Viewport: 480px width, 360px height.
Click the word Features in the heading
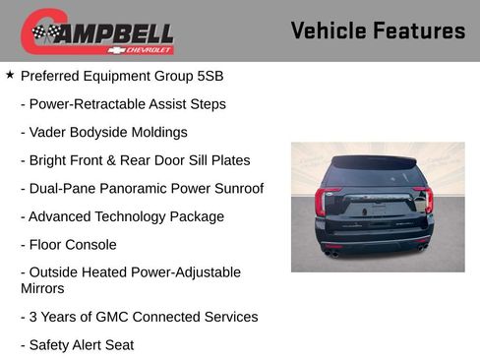[x=420, y=30]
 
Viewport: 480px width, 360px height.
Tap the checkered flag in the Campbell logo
[x=43, y=33]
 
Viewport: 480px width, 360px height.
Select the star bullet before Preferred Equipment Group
[x=10, y=75]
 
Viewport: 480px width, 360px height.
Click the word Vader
[x=48, y=132]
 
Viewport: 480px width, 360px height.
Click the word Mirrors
[x=43, y=289]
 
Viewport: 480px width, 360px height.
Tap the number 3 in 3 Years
[x=33, y=317]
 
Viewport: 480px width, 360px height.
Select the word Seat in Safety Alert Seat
[x=118, y=345]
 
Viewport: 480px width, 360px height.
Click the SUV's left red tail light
[x=323, y=202]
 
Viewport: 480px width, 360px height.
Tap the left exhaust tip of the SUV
[x=333, y=253]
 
